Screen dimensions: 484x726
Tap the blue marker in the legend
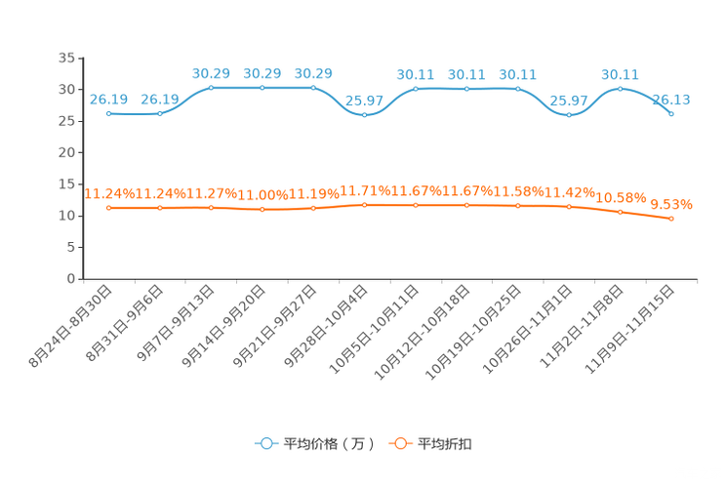click(264, 443)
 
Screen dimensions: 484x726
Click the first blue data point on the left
click(109, 113)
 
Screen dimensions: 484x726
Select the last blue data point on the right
click(671, 113)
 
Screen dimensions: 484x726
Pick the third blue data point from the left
click(211, 88)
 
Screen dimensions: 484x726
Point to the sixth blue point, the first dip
click(364, 114)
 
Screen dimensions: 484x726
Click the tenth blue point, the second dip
click(569, 114)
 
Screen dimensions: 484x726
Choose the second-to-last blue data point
click(620, 89)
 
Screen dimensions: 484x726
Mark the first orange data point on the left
click(109, 208)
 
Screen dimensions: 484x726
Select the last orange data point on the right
click(671, 219)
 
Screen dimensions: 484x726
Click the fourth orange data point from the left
click(262, 210)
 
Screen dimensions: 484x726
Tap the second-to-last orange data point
click(620, 212)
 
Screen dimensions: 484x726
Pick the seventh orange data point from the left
click(416, 205)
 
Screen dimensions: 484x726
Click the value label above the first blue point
click(108, 98)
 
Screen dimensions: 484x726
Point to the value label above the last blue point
click(671, 98)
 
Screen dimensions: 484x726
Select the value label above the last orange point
click(671, 204)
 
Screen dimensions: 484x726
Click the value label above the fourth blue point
click(262, 72)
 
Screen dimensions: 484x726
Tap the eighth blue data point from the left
click(466, 89)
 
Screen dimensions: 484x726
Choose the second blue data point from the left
click(160, 113)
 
